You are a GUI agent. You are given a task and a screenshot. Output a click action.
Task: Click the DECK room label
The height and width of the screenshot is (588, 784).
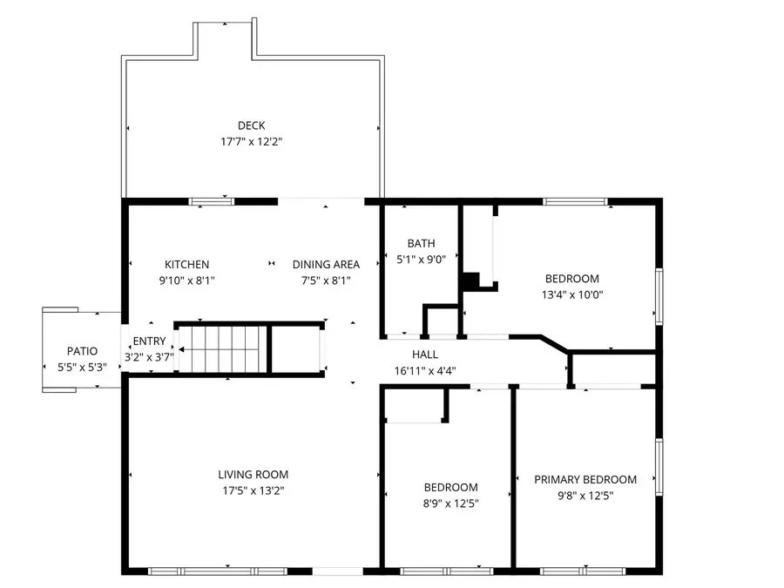(x=251, y=125)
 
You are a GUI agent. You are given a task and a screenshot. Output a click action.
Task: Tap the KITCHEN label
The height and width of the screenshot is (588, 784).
(x=186, y=265)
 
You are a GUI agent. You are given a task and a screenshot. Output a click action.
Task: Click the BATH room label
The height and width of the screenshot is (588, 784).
(x=421, y=244)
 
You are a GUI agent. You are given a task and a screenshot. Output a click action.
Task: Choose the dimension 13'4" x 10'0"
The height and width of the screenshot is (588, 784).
(x=572, y=294)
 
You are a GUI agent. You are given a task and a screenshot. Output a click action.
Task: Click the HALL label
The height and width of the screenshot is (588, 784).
(x=425, y=355)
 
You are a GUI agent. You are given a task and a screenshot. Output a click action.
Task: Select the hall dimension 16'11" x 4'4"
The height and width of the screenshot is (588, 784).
(x=425, y=370)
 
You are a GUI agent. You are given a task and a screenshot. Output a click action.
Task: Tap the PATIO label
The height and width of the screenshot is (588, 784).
(x=76, y=351)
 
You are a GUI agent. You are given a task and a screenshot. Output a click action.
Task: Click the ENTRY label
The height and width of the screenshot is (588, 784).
(x=148, y=341)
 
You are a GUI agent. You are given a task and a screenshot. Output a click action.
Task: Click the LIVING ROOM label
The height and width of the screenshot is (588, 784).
(x=253, y=475)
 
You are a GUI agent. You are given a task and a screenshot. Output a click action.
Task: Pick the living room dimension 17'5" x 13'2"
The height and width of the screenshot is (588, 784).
(x=253, y=490)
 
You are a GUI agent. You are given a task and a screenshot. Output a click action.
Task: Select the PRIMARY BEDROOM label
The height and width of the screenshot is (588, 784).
(x=585, y=479)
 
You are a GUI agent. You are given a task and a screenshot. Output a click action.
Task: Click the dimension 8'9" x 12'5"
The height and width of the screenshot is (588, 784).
(x=450, y=504)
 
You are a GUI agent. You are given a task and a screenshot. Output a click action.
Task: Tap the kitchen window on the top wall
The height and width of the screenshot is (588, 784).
(x=212, y=202)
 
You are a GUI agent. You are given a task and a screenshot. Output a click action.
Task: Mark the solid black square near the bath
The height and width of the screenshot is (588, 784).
(x=470, y=281)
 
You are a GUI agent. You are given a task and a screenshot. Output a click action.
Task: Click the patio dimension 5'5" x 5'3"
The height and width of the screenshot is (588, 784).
(x=76, y=367)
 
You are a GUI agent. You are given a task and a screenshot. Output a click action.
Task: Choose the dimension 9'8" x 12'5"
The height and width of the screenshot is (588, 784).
(x=585, y=495)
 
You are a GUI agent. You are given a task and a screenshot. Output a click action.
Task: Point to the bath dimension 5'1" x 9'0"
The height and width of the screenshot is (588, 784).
(x=421, y=259)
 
